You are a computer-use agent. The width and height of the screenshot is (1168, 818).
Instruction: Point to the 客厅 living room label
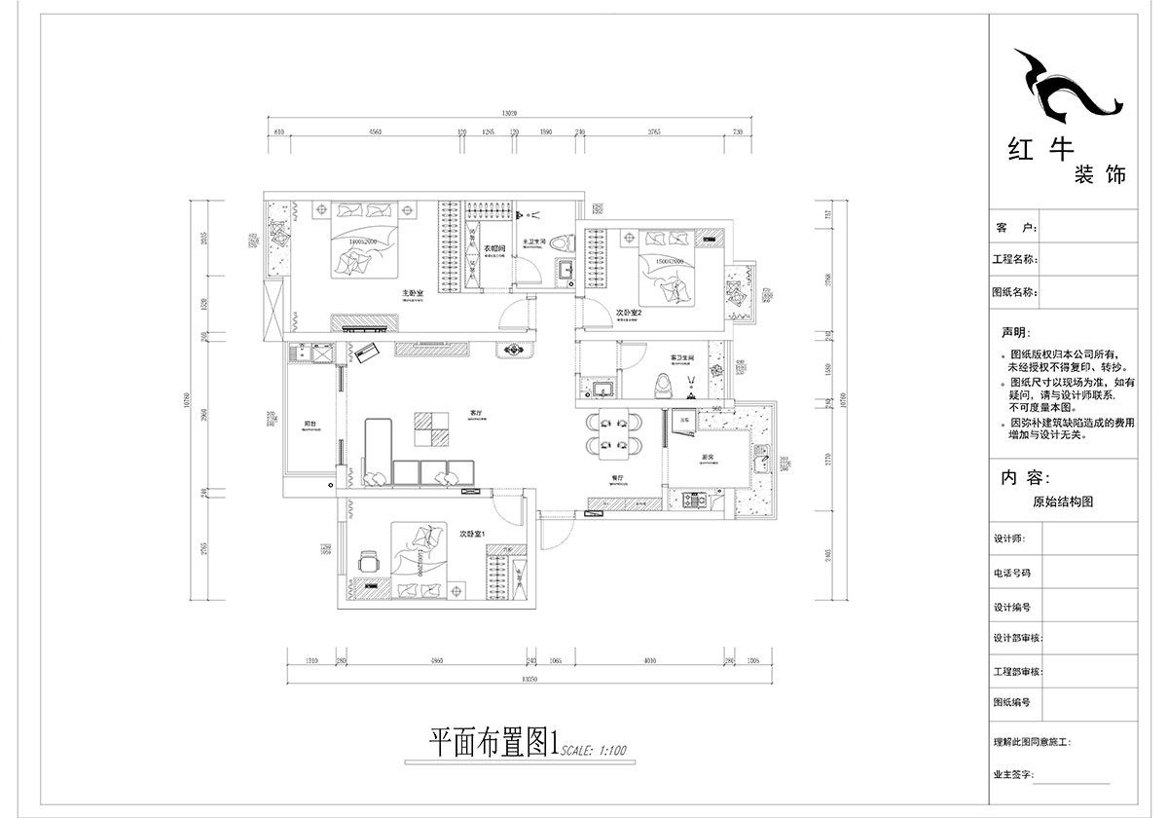(476, 413)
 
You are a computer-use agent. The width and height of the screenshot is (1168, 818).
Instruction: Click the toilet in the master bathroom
(562, 243)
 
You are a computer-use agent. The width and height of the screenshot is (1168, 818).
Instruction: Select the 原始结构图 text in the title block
(1063, 502)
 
